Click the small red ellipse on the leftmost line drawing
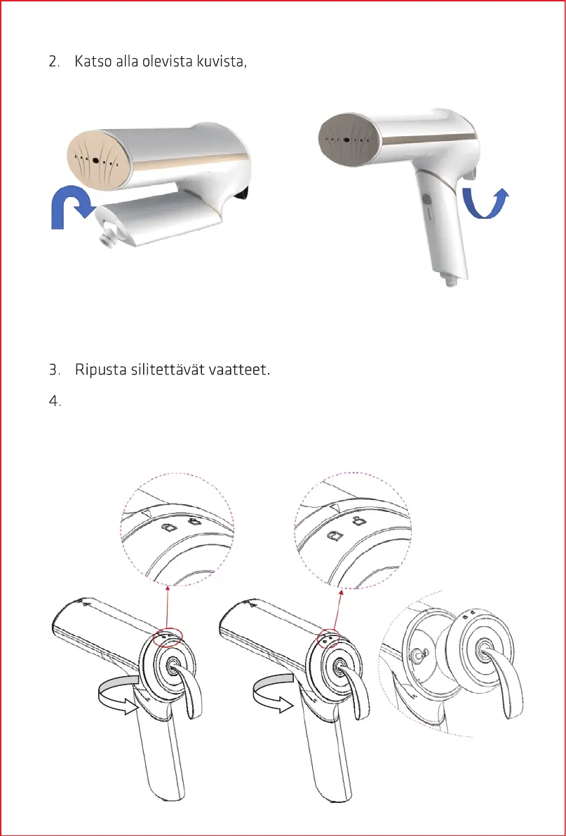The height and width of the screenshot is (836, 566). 172,636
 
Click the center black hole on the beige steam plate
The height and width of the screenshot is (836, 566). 95,161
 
